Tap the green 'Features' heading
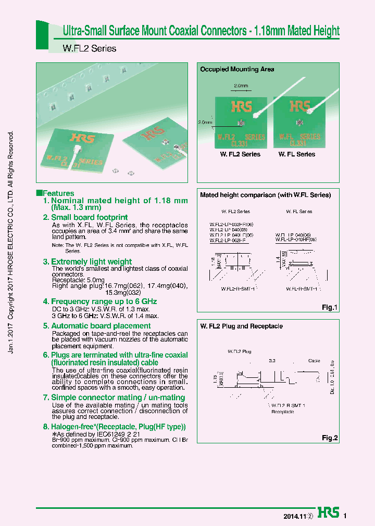point(58,193)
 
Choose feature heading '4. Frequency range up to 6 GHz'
point(99,301)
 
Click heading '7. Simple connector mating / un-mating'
point(114,397)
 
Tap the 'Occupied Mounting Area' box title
point(237,69)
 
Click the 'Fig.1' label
point(329,308)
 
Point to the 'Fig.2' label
point(329,438)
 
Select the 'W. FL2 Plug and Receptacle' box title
point(241,326)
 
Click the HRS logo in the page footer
point(328,511)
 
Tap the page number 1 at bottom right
point(345,516)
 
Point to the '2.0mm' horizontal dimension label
point(241,85)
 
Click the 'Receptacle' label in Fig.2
point(283,412)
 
